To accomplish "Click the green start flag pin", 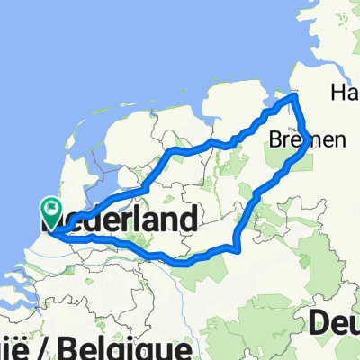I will click(x=50, y=213).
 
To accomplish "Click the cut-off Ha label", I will click(x=345, y=91).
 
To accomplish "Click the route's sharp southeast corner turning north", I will click(x=236, y=249).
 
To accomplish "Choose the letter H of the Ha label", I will click(x=338, y=91).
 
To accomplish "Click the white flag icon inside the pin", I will click(x=51, y=210).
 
